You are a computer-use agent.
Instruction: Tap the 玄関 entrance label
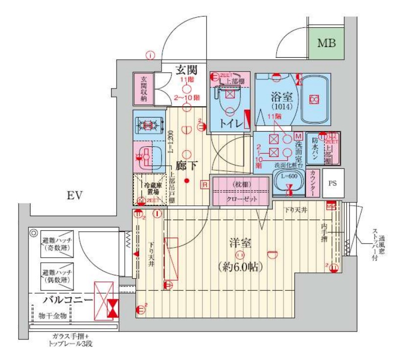coord(187,70)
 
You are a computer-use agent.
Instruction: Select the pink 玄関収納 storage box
coord(144,89)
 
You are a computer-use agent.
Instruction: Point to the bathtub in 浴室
coord(313,99)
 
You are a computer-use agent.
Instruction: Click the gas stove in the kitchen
coord(148,125)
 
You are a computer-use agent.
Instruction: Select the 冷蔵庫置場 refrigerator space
coord(149,189)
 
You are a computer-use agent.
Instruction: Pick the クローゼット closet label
coord(239,200)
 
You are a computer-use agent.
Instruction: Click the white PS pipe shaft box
coord(333,183)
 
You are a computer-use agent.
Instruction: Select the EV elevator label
coord(75,197)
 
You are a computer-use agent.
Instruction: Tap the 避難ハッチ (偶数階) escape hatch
coord(57,276)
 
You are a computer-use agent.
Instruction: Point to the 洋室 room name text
coord(239,243)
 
